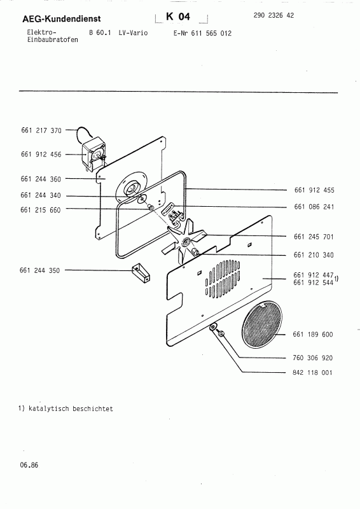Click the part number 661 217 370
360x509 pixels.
click(x=41, y=130)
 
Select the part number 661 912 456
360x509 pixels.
click(x=41, y=154)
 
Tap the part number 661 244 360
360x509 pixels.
click(x=41, y=179)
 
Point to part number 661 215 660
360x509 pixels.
click(x=41, y=210)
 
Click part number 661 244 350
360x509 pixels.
click(x=41, y=270)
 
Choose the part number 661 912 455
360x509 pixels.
click(x=314, y=190)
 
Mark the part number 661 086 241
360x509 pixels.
click(x=314, y=207)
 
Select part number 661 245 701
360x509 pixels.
click(x=314, y=237)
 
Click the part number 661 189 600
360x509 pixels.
click(x=314, y=334)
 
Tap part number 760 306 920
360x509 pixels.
click(x=314, y=358)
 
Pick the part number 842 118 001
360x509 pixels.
click(x=314, y=373)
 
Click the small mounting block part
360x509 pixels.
click(x=140, y=272)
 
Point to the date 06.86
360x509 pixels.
click(x=29, y=466)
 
